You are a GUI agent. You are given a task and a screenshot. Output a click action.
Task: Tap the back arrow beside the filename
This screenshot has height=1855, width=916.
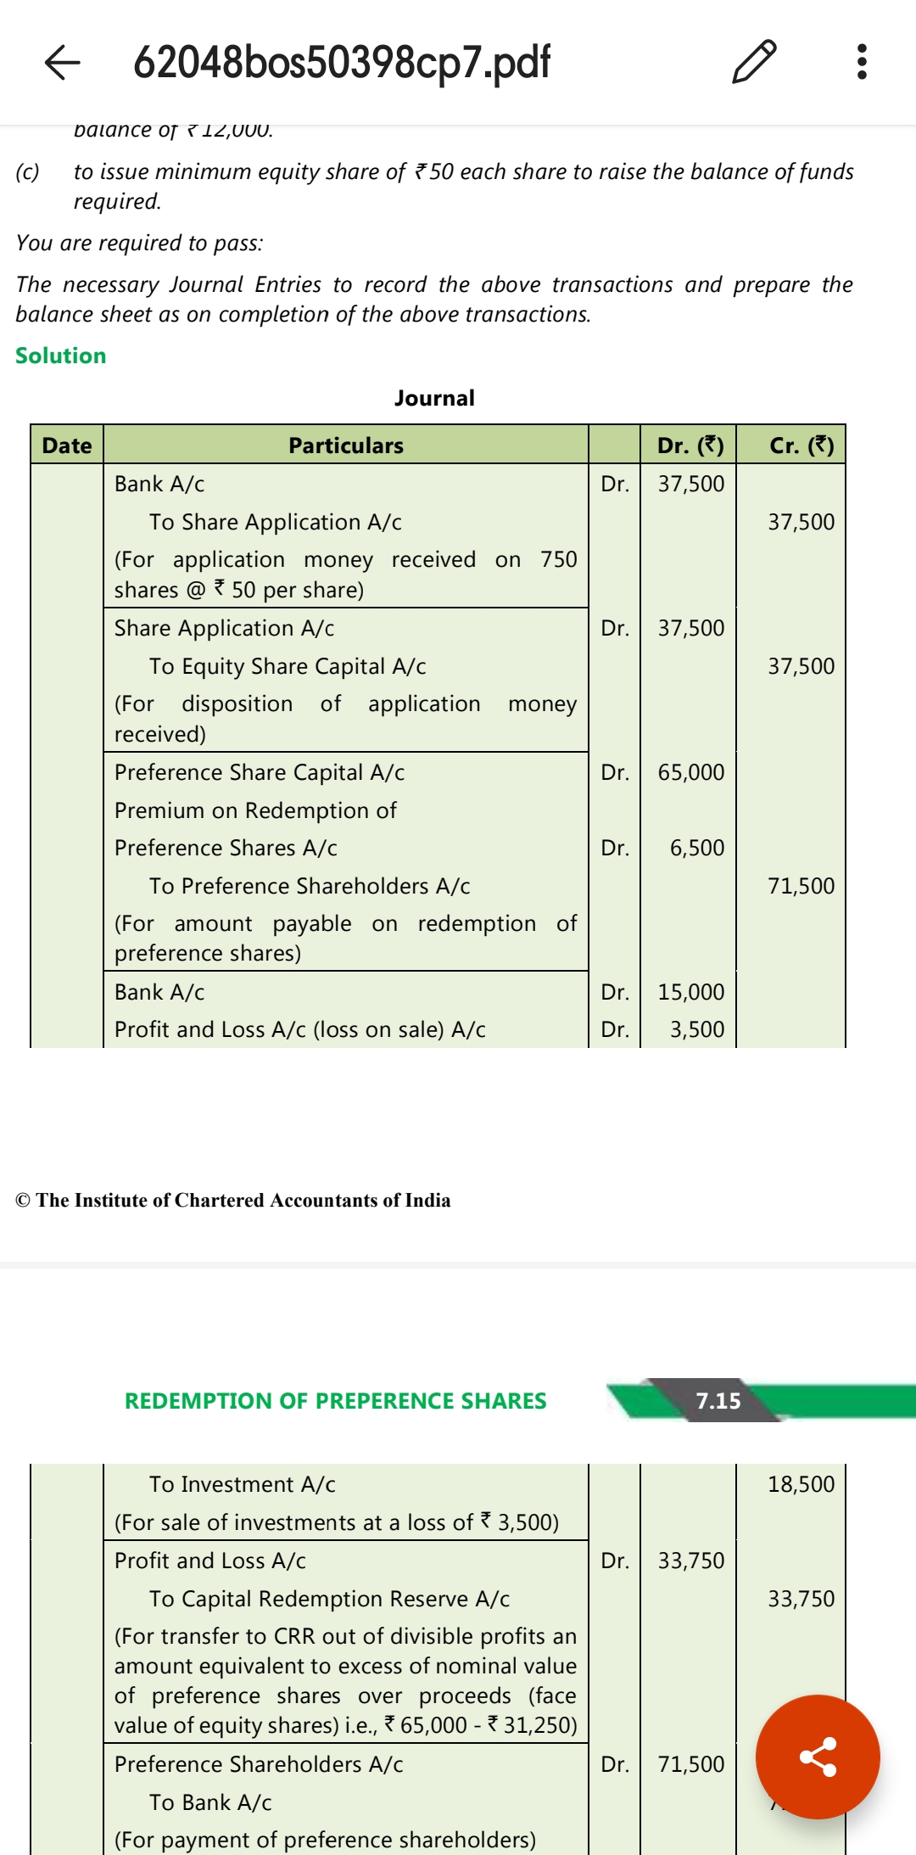coord(62,62)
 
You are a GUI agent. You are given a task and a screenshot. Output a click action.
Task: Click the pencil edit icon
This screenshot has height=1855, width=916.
coord(753,62)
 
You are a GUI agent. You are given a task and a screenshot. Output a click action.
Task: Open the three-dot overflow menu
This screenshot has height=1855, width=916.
coord(862,62)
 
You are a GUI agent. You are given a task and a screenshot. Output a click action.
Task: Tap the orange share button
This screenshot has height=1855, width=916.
coord(818,1757)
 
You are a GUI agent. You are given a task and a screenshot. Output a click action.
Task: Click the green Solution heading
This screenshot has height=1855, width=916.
coord(61,356)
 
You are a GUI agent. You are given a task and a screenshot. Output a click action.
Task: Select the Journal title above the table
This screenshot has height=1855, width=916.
coord(434,398)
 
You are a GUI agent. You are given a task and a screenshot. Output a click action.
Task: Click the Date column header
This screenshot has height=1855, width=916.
coord(67,446)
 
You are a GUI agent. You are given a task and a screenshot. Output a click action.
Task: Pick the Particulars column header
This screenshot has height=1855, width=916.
coord(346,446)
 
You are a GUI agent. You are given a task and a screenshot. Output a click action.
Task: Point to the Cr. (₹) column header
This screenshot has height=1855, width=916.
coord(801,446)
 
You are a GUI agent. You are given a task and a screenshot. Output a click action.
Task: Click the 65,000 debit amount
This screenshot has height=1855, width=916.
coord(691,772)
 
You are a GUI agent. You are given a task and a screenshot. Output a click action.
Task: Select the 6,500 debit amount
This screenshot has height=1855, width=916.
coord(697,848)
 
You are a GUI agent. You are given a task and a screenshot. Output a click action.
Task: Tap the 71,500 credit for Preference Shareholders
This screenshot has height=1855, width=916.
coord(801,886)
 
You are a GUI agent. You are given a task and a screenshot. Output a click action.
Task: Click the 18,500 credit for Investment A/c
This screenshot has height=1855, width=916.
coord(801,1484)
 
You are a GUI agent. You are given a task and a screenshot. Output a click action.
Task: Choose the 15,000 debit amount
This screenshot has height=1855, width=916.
coord(691,992)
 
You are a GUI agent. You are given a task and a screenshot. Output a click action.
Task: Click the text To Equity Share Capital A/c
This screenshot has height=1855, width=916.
coord(288,666)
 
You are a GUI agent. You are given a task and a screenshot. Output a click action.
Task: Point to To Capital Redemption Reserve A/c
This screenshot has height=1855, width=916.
coord(329,1599)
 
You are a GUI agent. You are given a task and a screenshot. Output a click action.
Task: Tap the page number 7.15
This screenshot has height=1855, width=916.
coord(718,1401)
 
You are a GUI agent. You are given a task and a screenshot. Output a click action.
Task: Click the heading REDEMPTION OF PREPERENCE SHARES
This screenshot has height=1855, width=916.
coord(336,1401)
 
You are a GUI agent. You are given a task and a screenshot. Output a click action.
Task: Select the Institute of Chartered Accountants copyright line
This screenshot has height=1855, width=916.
coord(233,1200)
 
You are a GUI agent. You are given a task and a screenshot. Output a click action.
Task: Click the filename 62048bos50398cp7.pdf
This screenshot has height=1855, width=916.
coord(342,62)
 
